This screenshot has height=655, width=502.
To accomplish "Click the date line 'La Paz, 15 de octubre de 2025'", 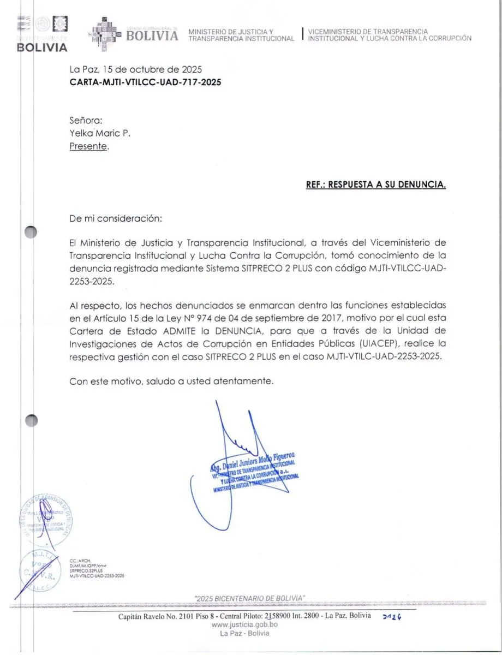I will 136,69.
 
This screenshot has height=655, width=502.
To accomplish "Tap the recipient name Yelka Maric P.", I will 100,133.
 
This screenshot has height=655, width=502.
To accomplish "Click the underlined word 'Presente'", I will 88,146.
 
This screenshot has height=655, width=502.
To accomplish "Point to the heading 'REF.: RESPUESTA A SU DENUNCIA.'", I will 376,184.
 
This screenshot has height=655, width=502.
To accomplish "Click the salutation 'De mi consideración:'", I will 116,218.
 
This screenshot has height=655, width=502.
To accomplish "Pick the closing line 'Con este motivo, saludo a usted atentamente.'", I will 171,382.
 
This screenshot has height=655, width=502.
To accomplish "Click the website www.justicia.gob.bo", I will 244,624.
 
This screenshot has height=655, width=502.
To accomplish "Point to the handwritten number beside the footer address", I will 392,616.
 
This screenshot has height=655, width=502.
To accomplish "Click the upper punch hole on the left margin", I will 31,233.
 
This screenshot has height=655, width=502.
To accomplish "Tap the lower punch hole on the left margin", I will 31,420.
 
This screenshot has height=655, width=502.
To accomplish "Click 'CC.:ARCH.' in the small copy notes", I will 80,561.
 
